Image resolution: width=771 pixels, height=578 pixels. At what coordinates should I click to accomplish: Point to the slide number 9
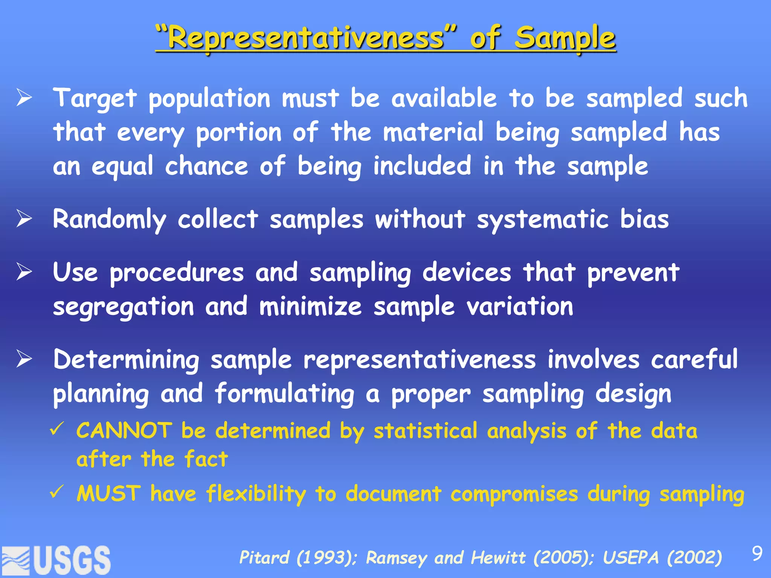click(757, 554)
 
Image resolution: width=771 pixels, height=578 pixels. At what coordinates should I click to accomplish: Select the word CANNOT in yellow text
click(124, 430)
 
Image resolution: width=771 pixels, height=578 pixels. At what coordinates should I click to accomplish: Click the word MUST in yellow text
click(109, 493)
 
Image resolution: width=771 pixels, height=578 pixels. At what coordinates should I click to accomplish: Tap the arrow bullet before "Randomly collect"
click(24, 219)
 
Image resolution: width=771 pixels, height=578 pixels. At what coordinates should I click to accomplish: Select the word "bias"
click(644, 219)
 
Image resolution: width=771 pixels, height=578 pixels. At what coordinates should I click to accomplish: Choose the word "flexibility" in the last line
click(256, 494)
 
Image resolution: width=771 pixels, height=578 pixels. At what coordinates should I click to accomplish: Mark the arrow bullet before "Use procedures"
click(24, 272)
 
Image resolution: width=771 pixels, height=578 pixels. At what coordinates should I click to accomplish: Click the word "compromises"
click(514, 494)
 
